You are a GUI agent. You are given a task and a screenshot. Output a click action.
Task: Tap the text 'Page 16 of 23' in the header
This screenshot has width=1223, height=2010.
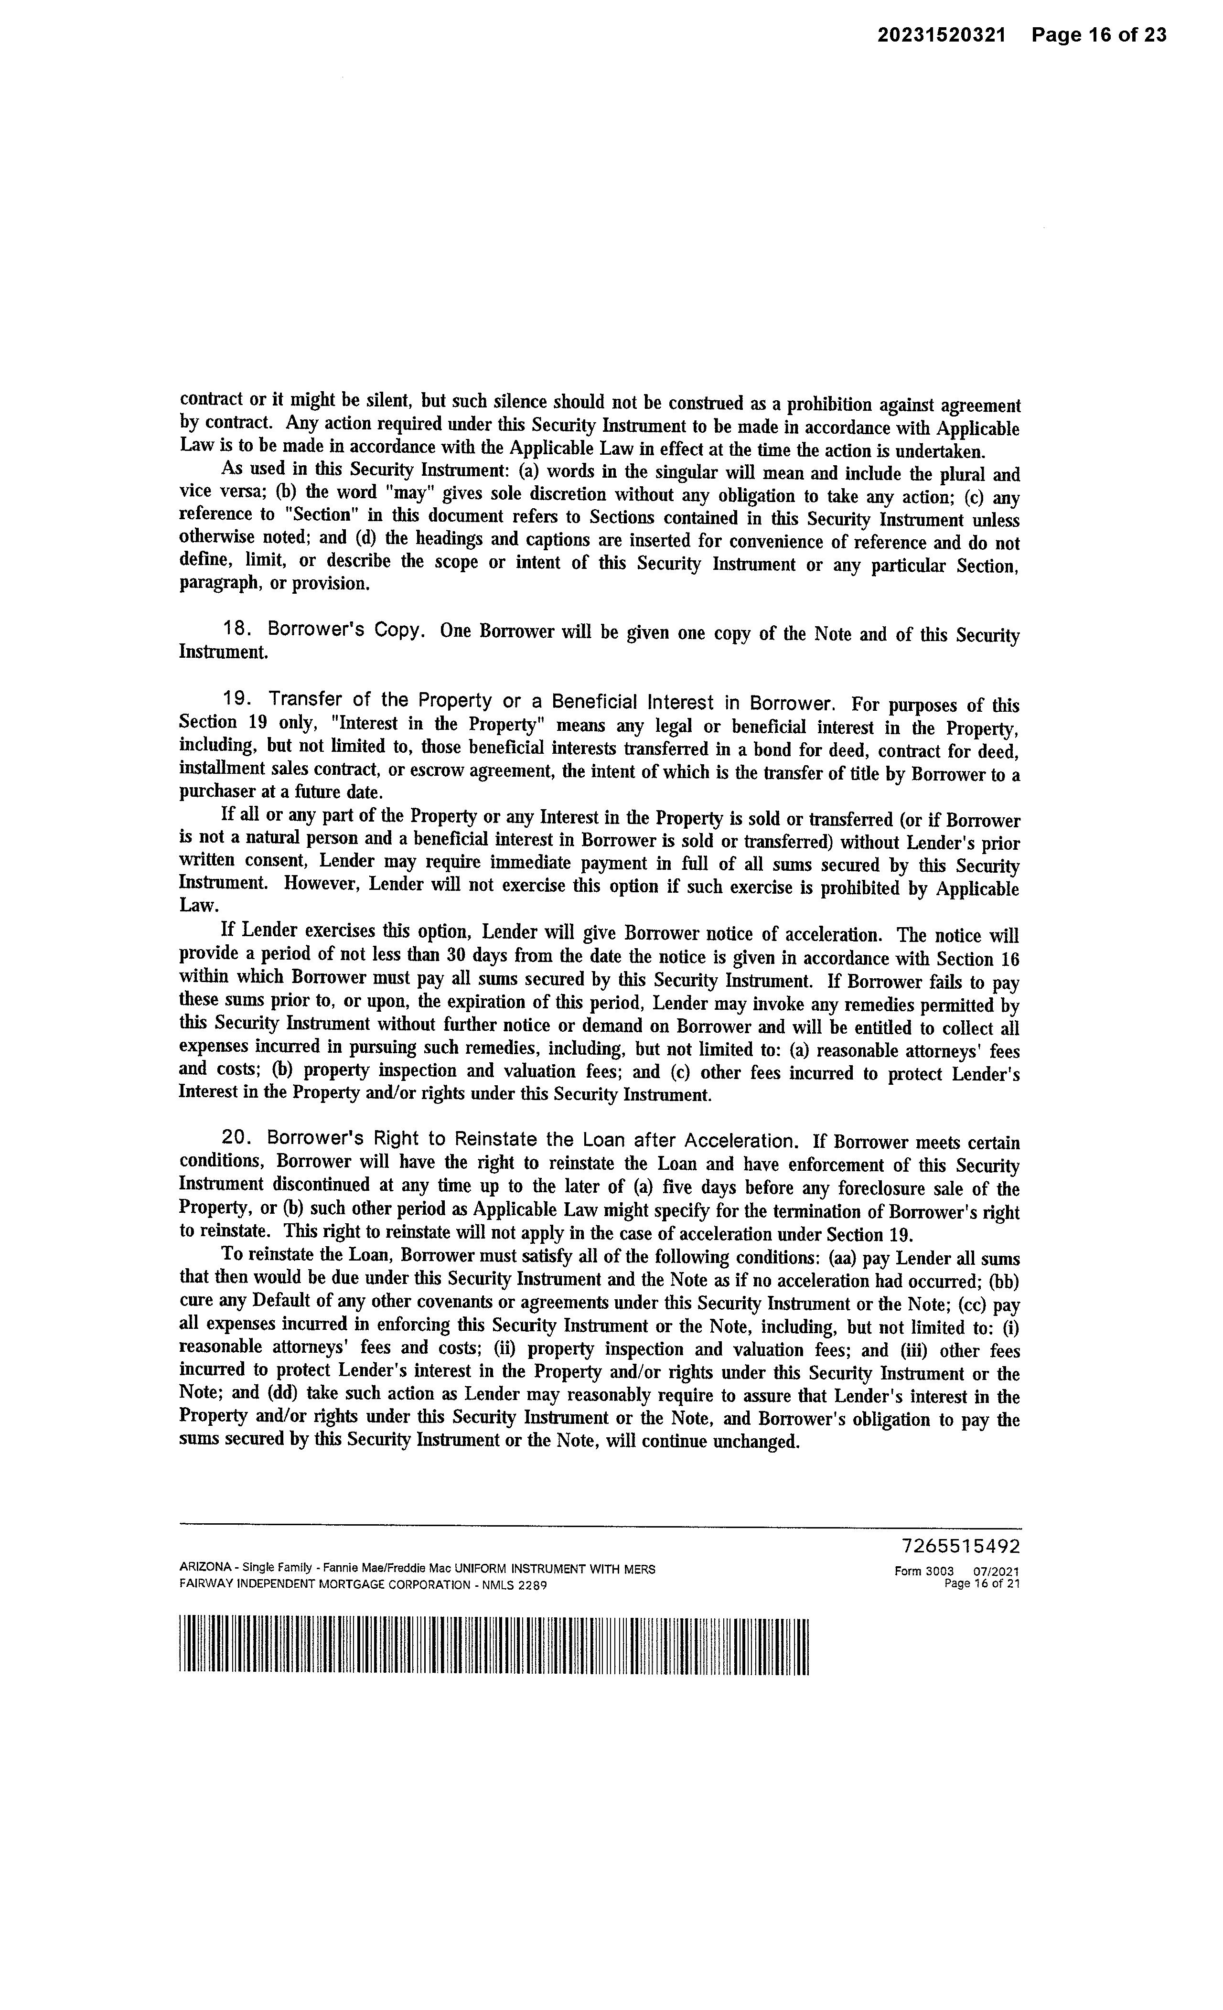(x=1098, y=35)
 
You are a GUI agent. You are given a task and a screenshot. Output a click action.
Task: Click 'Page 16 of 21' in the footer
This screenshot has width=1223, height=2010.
(x=981, y=1584)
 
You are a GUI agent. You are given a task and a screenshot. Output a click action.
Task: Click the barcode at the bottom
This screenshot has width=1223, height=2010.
(x=493, y=1646)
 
